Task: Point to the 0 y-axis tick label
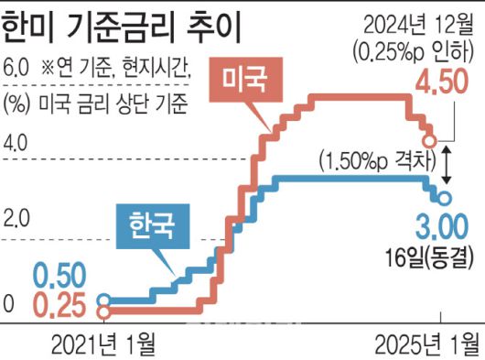click(x=9, y=299)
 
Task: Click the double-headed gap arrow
click(x=446, y=161)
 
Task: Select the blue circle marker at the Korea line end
click(x=444, y=198)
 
